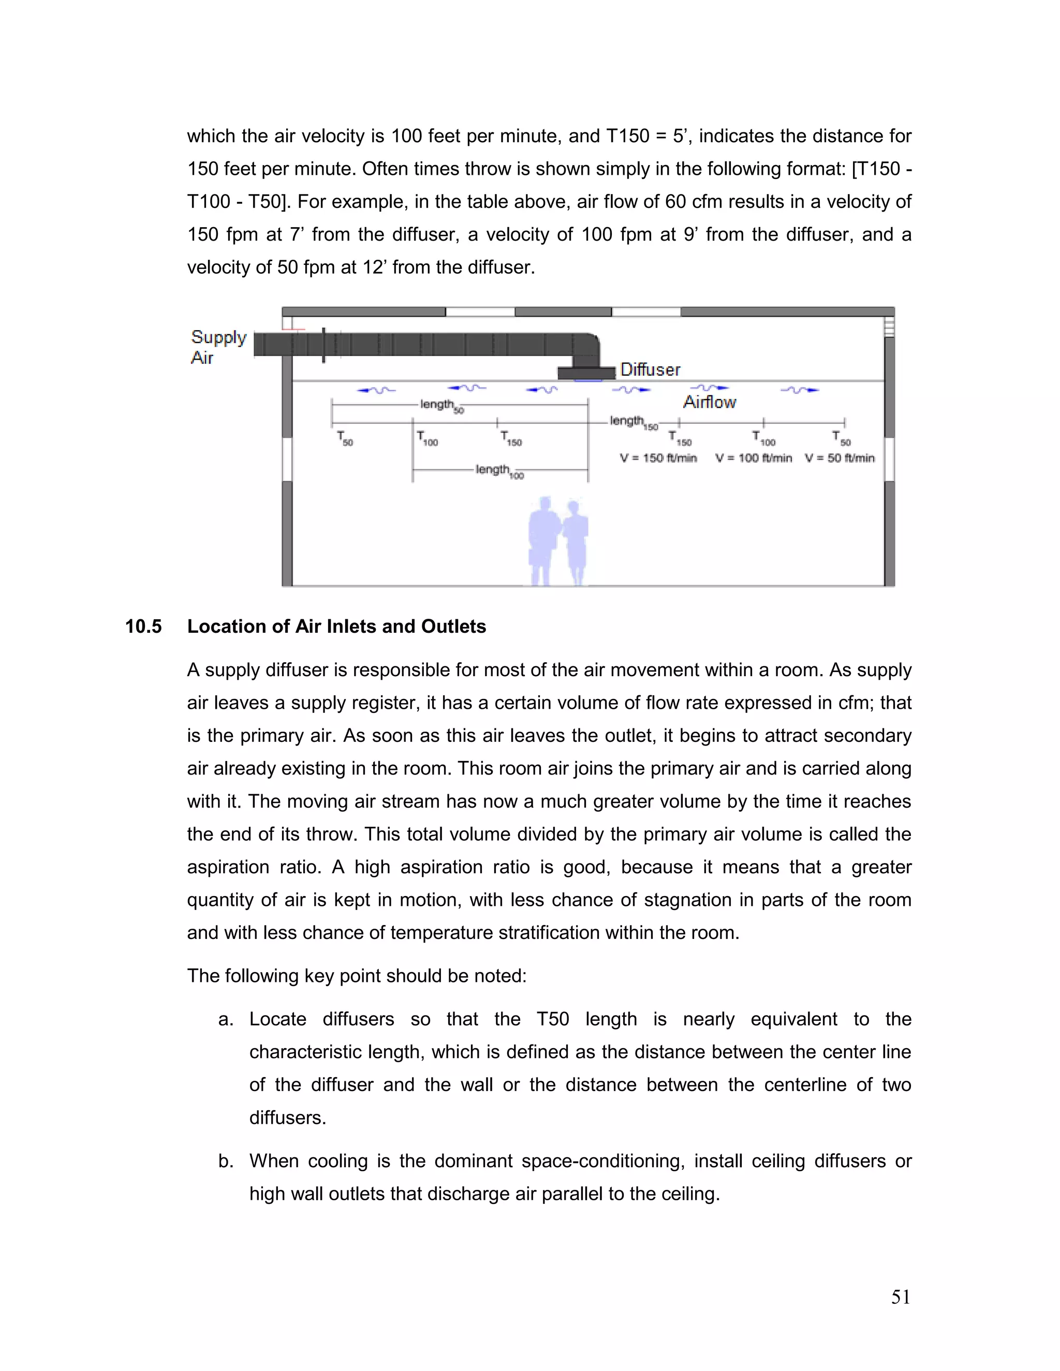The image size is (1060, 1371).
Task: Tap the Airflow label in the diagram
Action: coord(710,402)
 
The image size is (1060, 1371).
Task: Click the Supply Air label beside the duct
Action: coord(218,347)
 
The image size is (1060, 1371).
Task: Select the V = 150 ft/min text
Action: coord(658,458)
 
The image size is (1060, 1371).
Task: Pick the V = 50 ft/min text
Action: coord(840,458)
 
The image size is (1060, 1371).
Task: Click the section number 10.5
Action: coord(143,627)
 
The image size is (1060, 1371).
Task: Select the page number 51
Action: coord(901,1297)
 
